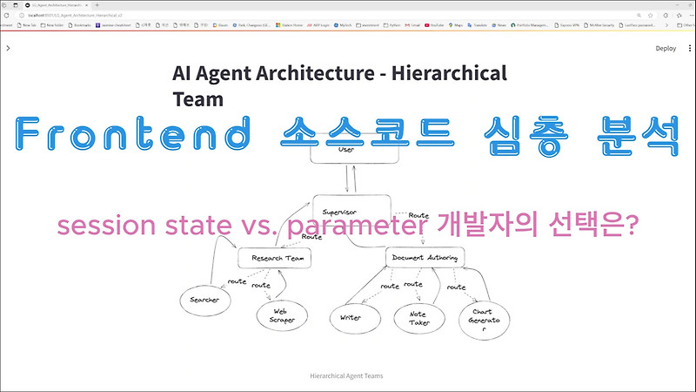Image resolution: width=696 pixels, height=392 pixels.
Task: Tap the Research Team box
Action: [274, 259]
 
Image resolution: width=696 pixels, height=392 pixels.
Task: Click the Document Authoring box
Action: [425, 258]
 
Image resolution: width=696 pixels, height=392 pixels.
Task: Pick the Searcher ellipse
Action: [205, 301]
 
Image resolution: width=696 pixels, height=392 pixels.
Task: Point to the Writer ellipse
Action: [351, 318]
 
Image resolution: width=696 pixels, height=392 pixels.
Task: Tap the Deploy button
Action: [666, 49]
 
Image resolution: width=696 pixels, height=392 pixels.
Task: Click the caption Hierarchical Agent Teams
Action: [347, 376]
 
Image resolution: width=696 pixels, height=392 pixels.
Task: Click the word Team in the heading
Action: [198, 98]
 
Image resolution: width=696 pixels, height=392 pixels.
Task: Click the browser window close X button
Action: [686, 5]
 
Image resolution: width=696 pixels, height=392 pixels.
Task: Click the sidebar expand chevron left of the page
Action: [8, 49]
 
